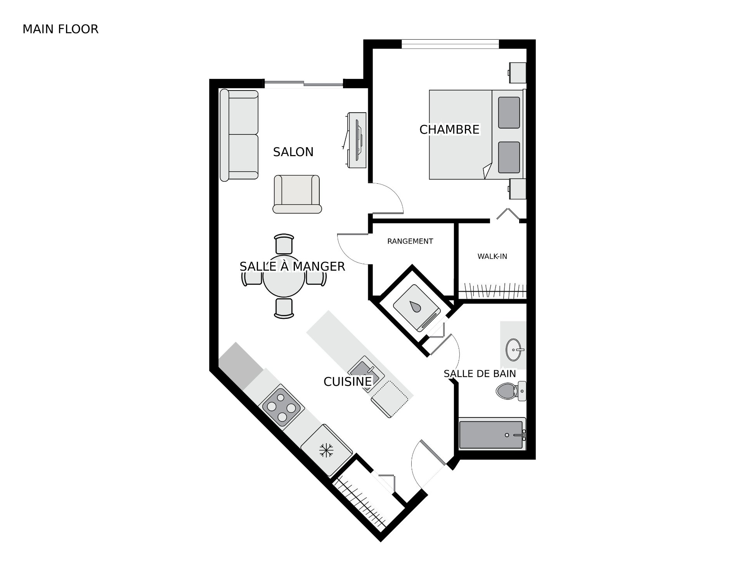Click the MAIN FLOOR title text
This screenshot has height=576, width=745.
[x=61, y=29]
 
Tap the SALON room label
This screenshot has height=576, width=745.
[x=293, y=152]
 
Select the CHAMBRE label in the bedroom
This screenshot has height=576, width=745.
[x=449, y=129]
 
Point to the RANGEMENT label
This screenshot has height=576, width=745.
[x=410, y=241]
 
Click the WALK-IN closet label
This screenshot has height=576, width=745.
[x=492, y=256]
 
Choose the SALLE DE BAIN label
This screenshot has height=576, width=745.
[x=480, y=374]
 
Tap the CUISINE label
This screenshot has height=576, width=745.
[x=348, y=382]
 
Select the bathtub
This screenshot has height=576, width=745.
[x=492, y=434]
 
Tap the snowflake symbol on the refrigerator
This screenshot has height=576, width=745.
[x=326, y=450]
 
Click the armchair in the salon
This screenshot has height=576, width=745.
[x=297, y=194]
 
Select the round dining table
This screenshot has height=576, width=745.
[x=283, y=277]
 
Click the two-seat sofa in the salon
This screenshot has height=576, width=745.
[x=239, y=135]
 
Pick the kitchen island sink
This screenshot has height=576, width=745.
[x=366, y=372]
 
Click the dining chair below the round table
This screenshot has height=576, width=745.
[x=283, y=308]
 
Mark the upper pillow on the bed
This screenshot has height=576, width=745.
[x=509, y=113]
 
